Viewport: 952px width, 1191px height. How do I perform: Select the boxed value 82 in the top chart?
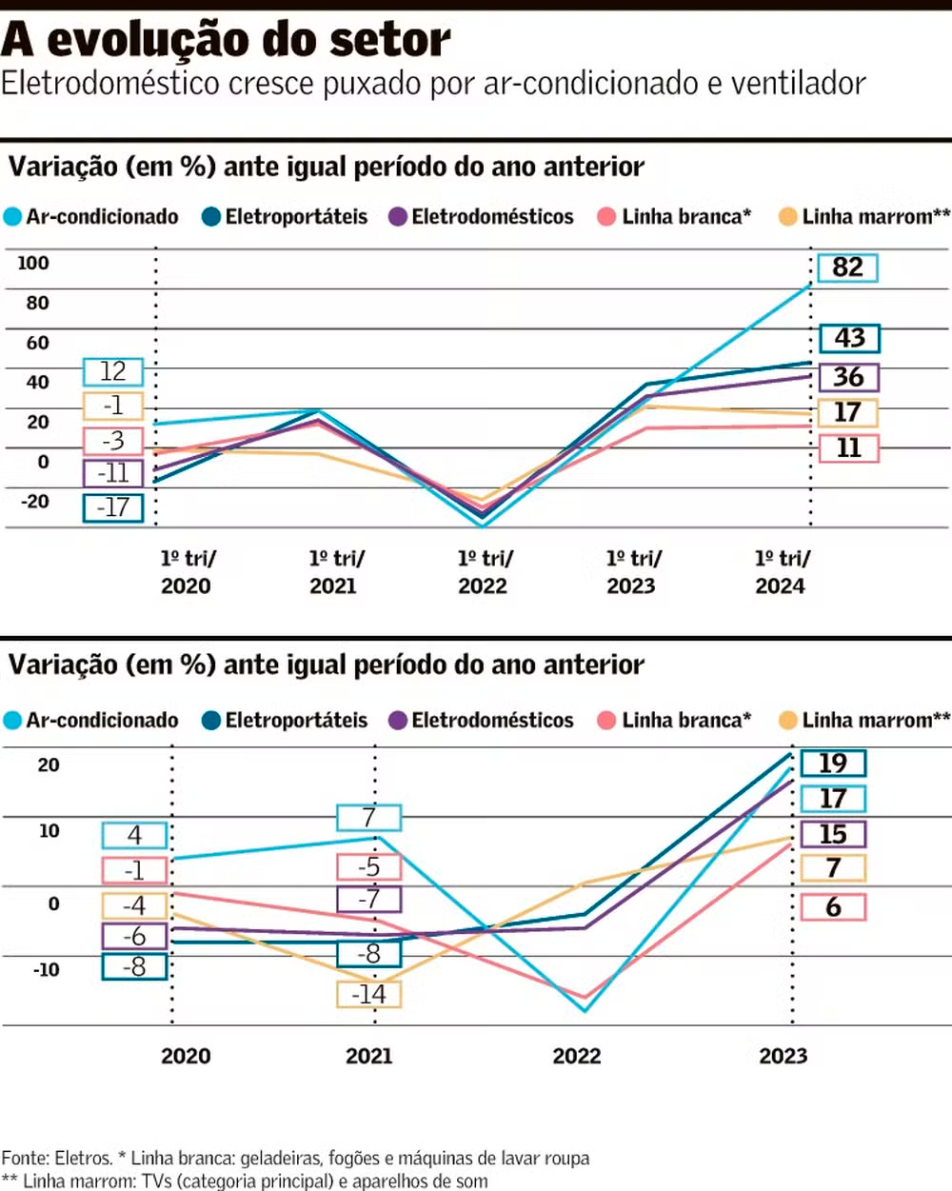[847, 268]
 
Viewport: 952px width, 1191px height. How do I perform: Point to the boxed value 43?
[849, 338]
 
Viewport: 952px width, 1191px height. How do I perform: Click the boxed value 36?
[848, 377]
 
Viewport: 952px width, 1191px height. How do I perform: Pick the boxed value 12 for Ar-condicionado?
[113, 371]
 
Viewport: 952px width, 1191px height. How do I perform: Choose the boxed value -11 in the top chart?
[113, 473]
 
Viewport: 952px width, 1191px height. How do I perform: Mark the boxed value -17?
[113, 507]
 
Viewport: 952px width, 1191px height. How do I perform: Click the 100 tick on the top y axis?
[33, 264]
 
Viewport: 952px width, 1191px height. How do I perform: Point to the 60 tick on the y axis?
[37, 343]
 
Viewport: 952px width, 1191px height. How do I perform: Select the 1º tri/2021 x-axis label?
[336, 572]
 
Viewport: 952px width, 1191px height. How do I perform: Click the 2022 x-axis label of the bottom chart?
[577, 1056]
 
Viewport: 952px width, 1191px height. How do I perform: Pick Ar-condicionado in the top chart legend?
[102, 217]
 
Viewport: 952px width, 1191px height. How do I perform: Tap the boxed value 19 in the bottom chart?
[833, 764]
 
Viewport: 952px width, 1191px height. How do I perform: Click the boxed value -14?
[369, 995]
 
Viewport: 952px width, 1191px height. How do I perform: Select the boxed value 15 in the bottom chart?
[833, 835]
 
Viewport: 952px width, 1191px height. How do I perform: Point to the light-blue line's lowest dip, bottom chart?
[585, 1011]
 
